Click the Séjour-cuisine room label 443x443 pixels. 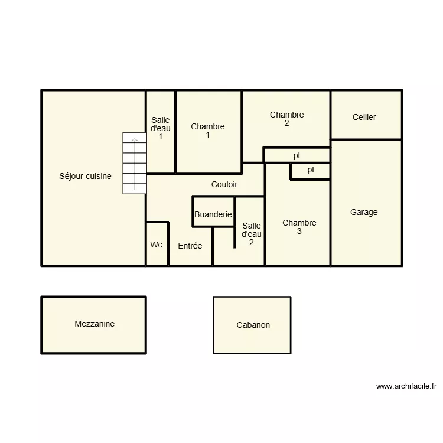pyautogui.click(x=85, y=176)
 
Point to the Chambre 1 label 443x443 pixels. pyautogui.click(x=208, y=131)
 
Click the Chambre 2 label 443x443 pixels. pyautogui.click(x=286, y=115)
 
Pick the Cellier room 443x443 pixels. pyautogui.click(x=364, y=117)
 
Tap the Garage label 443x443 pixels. pyautogui.click(x=364, y=212)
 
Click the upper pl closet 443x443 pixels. pyautogui.click(x=297, y=156)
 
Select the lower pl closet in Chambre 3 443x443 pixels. pyautogui.click(x=310, y=171)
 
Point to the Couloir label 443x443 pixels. pyautogui.click(x=224, y=184)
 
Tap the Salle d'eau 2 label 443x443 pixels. pyautogui.click(x=252, y=234)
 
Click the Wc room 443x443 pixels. pyautogui.click(x=157, y=245)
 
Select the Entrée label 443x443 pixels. pyautogui.click(x=190, y=246)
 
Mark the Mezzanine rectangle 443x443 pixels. pyautogui.click(x=94, y=325)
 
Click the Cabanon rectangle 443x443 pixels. pyautogui.click(x=253, y=325)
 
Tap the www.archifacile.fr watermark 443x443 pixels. pyautogui.click(x=406, y=386)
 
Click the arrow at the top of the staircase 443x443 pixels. pyautogui.click(x=135, y=140)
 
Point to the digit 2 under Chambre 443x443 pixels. pyautogui.click(x=286, y=123)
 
